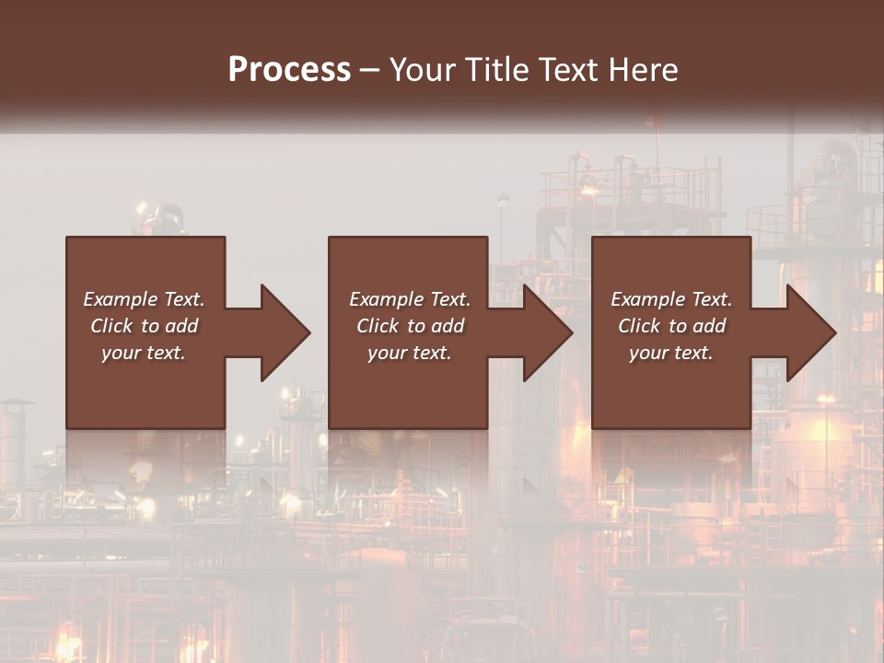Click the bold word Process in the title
[289, 70]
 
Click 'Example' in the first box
[120, 299]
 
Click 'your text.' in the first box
[144, 353]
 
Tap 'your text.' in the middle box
[409, 353]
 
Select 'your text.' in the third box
[671, 353]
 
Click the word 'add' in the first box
[183, 326]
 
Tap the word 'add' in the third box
[711, 326]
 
